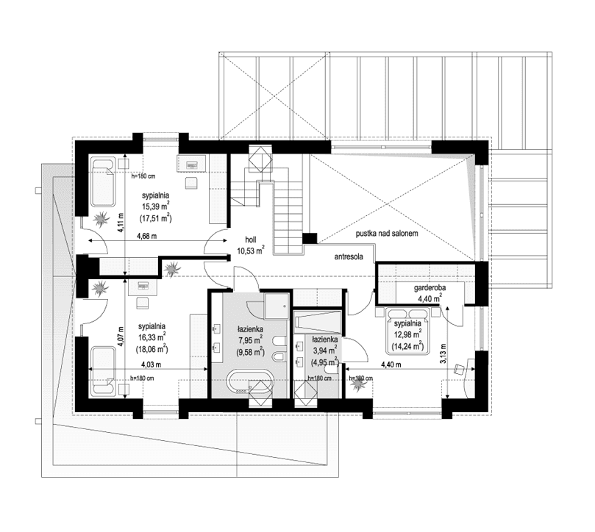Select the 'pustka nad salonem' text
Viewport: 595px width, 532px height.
[x=387, y=233]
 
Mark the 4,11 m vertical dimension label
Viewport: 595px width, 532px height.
[x=122, y=220]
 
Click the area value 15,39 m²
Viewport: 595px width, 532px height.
[x=157, y=207]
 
